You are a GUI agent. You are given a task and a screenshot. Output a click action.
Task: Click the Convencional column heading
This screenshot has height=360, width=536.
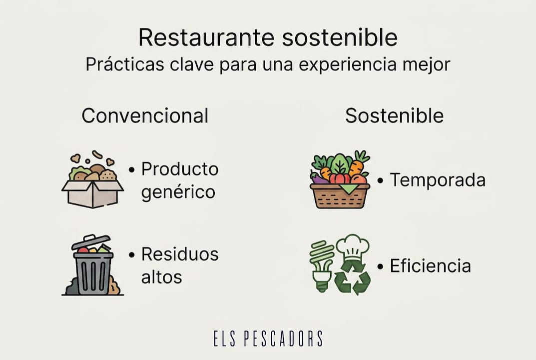pos(145,116)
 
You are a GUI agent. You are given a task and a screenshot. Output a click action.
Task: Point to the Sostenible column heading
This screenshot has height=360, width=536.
pos(394,116)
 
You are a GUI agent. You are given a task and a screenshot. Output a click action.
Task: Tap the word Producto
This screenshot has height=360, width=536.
pos(180,169)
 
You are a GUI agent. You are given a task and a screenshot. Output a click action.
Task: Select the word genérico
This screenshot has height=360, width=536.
pos(178,192)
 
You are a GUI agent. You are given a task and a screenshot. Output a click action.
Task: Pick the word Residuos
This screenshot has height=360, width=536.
pos(180,254)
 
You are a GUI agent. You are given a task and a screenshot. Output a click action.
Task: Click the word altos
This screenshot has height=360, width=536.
pos(161,277)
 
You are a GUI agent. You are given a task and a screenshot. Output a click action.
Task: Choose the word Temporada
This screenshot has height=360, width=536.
pos(438,180)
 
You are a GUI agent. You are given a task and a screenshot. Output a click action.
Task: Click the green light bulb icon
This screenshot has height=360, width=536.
pos(322,265)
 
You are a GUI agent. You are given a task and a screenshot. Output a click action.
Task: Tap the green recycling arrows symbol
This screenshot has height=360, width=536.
pos(352,277)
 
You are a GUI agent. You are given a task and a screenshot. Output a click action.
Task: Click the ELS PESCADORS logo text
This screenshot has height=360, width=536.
pos(268,338)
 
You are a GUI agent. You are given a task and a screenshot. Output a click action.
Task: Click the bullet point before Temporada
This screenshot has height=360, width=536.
pos(380,180)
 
